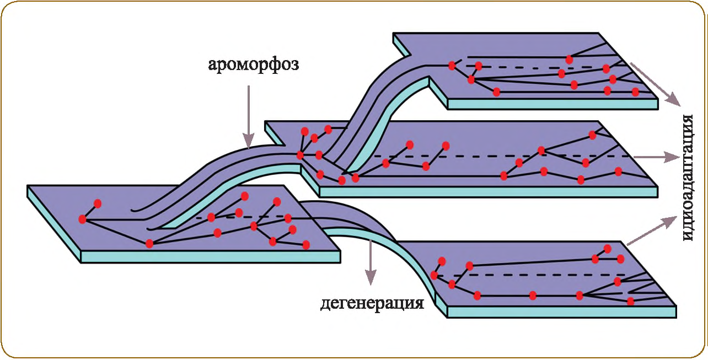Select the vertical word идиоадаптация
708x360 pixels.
tap(687, 178)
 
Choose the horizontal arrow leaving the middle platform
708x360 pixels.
tap(656, 157)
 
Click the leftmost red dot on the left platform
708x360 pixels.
tap(83, 219)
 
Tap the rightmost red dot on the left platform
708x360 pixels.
tap(306, 245)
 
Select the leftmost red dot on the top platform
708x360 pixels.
tap(452, 66)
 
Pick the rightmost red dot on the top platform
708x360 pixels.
tap(635, 92)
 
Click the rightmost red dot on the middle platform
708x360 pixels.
tap(618, 171)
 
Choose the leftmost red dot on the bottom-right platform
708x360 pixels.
tap(435, 275)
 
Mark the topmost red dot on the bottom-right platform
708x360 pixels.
tap(607, 249)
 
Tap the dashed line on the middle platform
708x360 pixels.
tap(496, 157)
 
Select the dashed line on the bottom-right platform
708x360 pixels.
tap(529, 275)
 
